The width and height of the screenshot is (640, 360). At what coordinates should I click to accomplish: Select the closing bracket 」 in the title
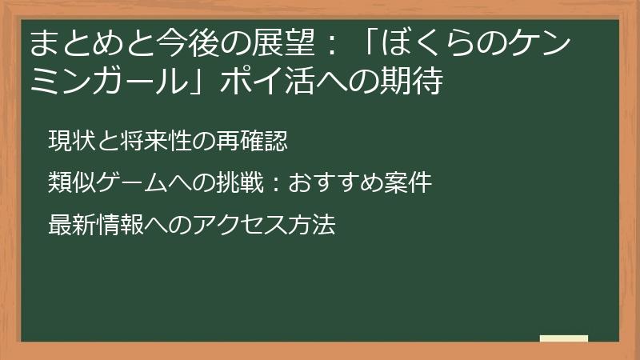tap(210, 82)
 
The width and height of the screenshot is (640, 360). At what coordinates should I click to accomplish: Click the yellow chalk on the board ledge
tap(563, 338)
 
